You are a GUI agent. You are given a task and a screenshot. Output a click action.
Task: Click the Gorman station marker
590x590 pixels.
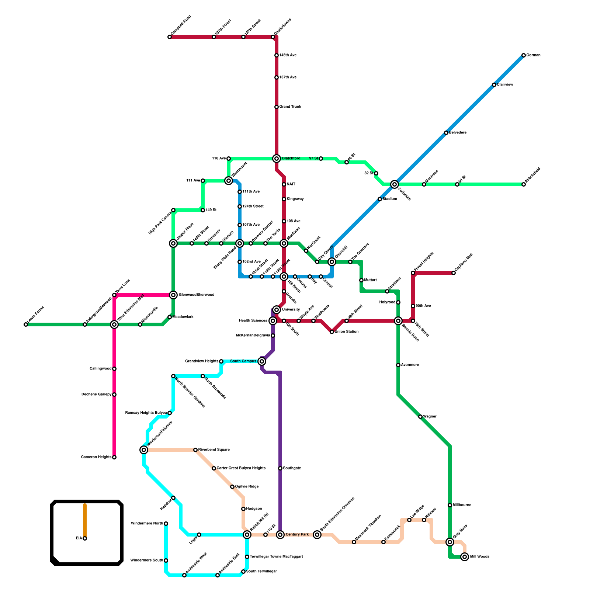pos(524,55)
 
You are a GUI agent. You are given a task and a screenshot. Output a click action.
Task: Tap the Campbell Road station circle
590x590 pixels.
pos(170,37)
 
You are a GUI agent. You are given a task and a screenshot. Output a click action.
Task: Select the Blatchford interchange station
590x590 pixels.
pos(277,159)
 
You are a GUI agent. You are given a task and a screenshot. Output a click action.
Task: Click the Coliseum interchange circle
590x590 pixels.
pos(395,184)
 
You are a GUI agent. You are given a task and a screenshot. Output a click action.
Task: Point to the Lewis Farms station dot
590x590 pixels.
pos(26,324)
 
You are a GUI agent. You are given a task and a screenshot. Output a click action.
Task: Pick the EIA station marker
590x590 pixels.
pos(85,538)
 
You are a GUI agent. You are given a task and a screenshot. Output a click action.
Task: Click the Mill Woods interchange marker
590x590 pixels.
pos(465,557)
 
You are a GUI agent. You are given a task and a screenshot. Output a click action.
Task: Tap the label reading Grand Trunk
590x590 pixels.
pos(290,107)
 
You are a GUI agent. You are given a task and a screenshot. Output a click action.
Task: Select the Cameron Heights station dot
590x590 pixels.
pos(114,457)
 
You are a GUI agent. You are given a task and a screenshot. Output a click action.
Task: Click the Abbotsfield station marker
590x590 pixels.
pos(524,184)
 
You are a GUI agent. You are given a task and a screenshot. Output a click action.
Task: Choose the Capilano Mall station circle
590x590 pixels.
pos(454,273)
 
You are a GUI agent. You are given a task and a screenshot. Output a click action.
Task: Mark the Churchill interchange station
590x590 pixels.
pos(332,262)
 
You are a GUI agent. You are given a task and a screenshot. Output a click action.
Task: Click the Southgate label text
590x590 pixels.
pos(292,468)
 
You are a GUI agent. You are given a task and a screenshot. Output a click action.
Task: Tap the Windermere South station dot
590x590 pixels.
pos(166,560)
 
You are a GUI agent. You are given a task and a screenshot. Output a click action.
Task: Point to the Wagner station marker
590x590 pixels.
pos(420,417)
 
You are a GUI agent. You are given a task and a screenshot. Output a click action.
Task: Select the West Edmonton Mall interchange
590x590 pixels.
pos(114,324)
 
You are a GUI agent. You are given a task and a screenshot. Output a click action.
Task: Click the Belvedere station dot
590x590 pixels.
pos(446,133)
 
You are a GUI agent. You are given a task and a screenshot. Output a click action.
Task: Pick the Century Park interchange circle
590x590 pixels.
pos(280,535)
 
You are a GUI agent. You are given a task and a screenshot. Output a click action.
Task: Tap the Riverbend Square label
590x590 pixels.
pos(214,450)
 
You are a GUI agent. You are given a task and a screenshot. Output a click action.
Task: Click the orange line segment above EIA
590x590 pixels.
pos(85,520)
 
